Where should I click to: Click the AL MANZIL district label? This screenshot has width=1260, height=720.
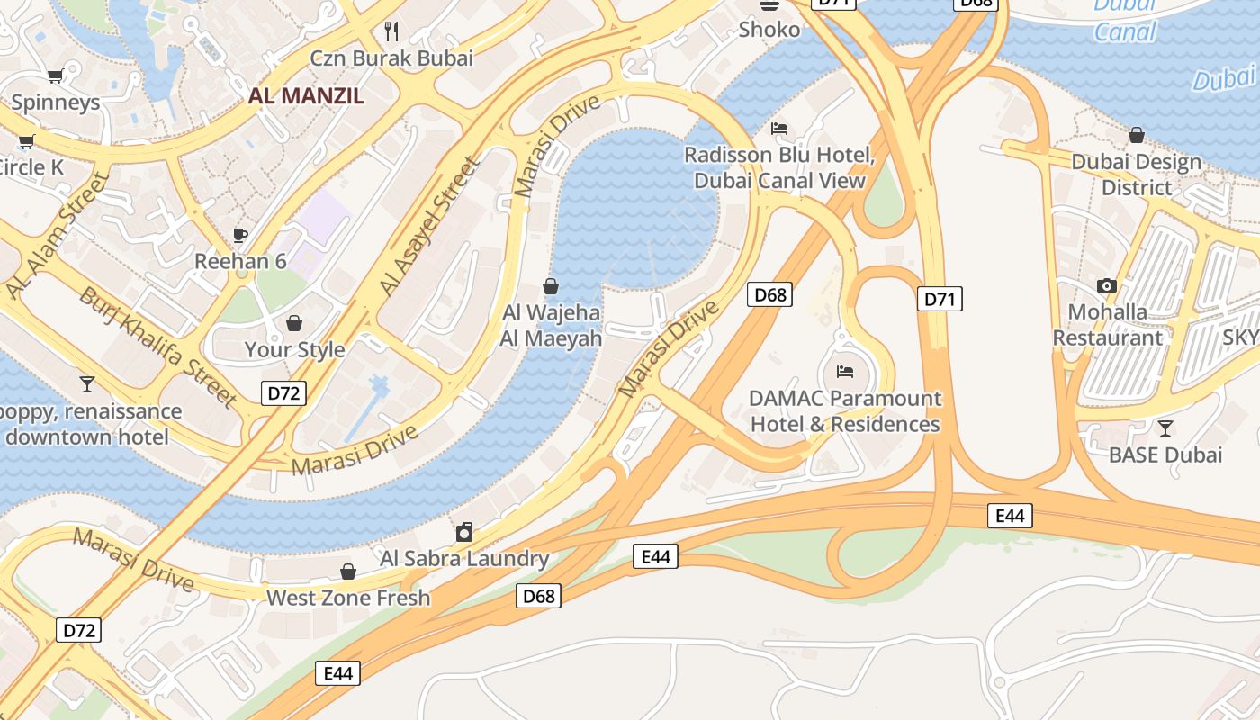[x=306, y=96]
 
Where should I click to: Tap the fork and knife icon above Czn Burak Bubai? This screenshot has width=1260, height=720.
[x=391, y=31]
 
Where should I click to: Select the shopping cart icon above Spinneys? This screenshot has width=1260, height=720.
[x=55, y=76]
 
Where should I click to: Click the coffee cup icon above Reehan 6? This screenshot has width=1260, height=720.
[x=240, y=235]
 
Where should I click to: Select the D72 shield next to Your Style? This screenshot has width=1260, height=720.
[x=283, y=392]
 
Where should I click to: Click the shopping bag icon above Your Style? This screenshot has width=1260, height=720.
[x=294, y=323]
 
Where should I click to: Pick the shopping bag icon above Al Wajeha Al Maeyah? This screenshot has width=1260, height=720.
[x=551, y=286]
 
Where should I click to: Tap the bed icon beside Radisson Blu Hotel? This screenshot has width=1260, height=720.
[x=779, y=129]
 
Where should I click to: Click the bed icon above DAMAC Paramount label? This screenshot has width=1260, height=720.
[x=845, y=371]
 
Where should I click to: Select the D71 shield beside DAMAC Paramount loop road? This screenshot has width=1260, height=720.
[x=940, y=299]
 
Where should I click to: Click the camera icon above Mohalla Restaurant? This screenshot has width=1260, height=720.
[x=1107, y=286]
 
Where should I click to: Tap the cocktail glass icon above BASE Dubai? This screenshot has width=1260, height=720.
[x=1165, y=428]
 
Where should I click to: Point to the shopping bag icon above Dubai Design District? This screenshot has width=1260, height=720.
[x=1137, y=135]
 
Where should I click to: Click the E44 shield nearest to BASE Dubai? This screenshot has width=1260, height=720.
[x=1010, y=516]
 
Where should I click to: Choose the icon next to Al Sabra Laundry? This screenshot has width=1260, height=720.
[x=464, y=532]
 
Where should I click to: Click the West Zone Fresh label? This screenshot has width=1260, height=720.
[x=348, y=598]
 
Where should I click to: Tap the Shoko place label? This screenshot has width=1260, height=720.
[x=769, y=30]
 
